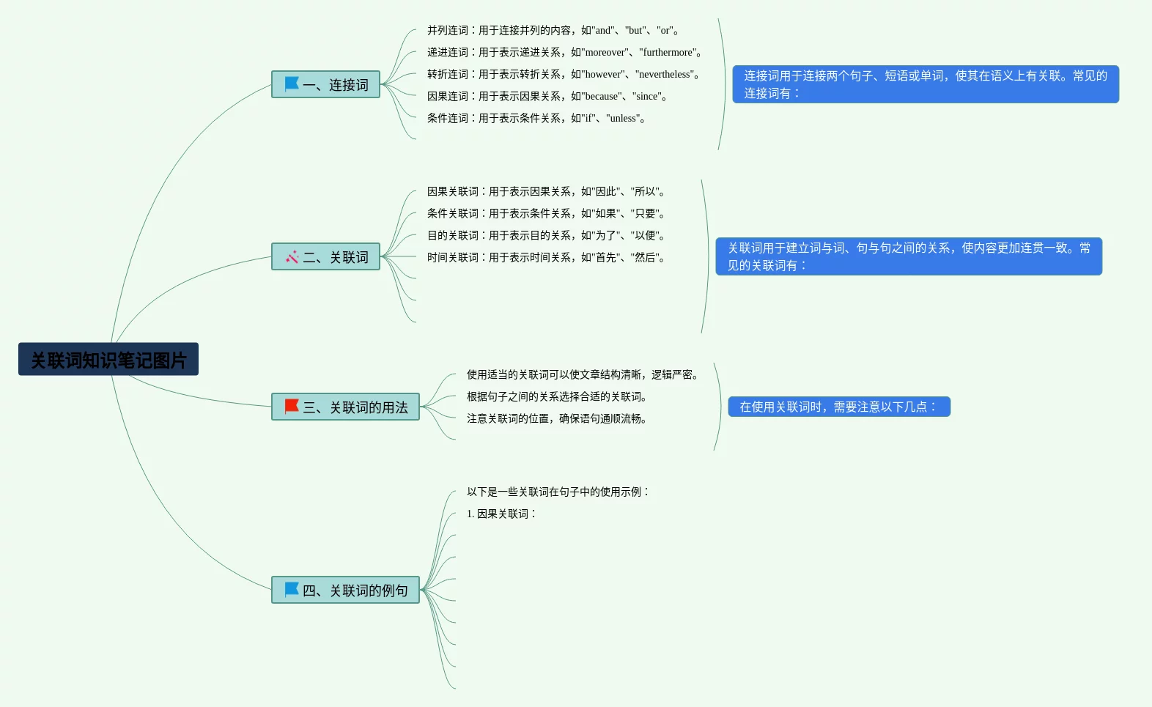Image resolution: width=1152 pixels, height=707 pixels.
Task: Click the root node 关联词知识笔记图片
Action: click(108, 360)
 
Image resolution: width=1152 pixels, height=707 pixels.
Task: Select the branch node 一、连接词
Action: click(325, 85)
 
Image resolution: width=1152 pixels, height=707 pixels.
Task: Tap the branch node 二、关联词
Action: click(325, 257)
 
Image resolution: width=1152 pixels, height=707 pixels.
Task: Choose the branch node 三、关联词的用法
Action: click(345, 407)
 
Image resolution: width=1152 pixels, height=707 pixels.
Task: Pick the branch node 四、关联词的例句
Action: click(345, 591)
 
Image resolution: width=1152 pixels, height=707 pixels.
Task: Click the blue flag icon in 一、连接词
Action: click(292, 84)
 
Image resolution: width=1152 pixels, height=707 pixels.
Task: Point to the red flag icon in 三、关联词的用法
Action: click(292, 406)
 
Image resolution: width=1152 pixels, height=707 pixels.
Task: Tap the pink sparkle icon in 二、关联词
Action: click(292, 256)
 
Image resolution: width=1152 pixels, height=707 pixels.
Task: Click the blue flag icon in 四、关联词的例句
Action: click(292, 589)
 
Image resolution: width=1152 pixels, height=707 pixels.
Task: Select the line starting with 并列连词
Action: click(554, 30)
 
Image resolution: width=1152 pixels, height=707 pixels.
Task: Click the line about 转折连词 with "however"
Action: click(564, 74)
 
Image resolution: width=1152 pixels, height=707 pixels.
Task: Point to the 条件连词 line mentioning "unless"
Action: click(537, 118)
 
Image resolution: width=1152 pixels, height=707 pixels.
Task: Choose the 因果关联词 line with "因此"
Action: click(547, 191)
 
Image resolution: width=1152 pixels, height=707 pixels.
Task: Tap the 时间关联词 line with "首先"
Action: click(547, 257)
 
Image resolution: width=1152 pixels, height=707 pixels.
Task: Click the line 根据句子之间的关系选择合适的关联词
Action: click(558, 396)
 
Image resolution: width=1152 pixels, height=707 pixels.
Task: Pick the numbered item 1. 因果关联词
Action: click(502, 514)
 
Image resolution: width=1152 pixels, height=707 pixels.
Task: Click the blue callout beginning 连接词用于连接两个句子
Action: click(926, 84)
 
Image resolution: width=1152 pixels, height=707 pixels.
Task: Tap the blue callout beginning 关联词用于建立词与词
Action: click(909, 256)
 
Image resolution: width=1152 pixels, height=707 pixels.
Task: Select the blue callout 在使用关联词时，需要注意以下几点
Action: click(839, 407)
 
